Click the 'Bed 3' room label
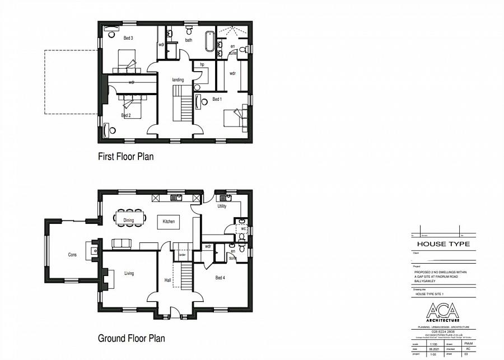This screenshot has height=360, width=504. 128,38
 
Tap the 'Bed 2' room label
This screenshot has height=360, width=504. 126,115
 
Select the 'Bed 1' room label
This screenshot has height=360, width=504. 217,99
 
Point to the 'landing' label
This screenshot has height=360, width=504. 178,80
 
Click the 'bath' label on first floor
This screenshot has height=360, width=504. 189,40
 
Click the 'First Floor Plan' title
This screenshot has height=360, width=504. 125,157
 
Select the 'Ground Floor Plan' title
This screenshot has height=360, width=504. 131,338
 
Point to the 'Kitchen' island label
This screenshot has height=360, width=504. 169,221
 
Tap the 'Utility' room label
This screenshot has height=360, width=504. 222,207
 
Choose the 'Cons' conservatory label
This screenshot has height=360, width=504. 72,255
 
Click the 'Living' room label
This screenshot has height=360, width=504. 129,273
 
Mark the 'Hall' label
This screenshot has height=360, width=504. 167,280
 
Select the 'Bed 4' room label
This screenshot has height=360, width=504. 220,278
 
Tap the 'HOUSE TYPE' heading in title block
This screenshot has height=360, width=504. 442,244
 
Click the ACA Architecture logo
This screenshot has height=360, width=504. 442,312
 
